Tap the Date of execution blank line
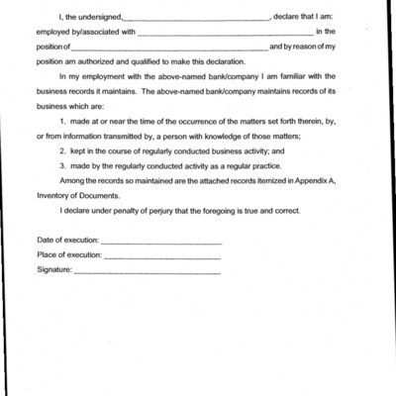tap(161, 242)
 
